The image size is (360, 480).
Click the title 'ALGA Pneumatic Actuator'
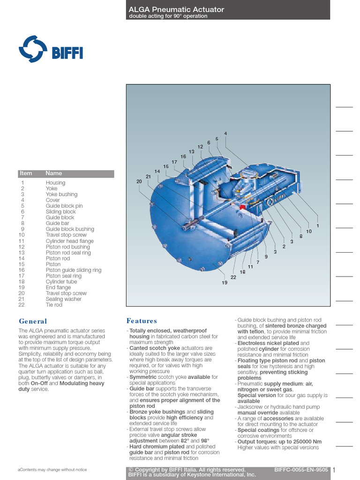tap(176, 9)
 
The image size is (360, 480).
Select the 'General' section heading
tap(33, 321)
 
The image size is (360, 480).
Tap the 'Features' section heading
tap(142, 321)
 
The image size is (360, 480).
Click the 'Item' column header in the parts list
tap(26, 173)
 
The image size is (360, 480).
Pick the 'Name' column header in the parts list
tap(53, 173)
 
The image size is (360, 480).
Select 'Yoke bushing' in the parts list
tap(61, 195)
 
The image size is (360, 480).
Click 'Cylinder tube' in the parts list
tap(61, 282)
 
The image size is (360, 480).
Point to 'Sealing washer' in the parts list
tap(63, 299)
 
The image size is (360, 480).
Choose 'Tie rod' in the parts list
tap(54, 305)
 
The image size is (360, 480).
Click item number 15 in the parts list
tap(22, 264)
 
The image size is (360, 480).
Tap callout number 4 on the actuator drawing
tap(225, 134)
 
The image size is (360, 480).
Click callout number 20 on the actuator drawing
tap(139, 181)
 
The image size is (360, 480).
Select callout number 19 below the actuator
tap(225, 283)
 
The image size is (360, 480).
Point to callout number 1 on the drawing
tap(318, 226)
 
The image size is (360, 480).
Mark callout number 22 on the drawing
tap(233, 277)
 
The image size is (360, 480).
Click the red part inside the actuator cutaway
tap(243, 207)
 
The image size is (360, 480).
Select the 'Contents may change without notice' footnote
tap(52, 469)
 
